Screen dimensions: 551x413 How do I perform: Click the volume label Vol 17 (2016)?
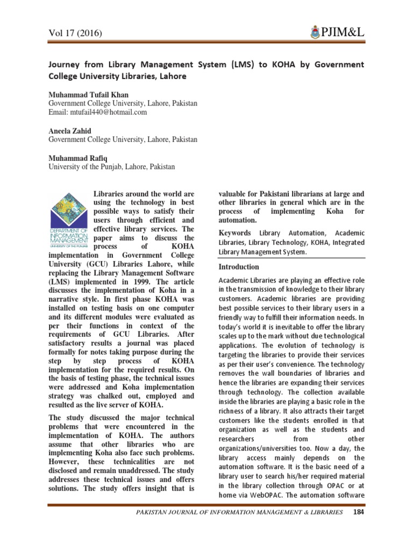pyautogui.click(x=76, y=34)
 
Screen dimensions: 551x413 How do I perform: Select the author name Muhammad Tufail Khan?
pyautogui.click(x=89, y=94)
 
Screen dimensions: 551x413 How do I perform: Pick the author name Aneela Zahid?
pyautogui.click(x=70, y=131)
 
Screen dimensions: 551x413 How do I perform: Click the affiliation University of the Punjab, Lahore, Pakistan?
pyautogui.click(x=112, y=167)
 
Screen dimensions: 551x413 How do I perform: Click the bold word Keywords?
pyautogui.click(x=235, y=233)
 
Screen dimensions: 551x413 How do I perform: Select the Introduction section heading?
pyautogui.click(x=239, y=267)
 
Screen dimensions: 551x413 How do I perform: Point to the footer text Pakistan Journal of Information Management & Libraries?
pyautogui.click(x=239, y=512)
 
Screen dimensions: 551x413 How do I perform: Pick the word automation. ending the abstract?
pyautogui.click(x=238, y=220)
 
